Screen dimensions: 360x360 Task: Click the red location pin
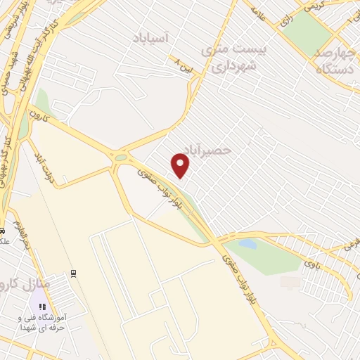click(181, 165)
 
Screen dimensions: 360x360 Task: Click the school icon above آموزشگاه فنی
click(41, 307)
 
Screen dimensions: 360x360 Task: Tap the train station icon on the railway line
click(72, 272)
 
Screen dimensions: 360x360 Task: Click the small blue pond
click(247, 244)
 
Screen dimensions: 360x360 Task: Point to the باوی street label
click(311, 264)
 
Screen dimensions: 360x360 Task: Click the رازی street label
click(285, 21)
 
